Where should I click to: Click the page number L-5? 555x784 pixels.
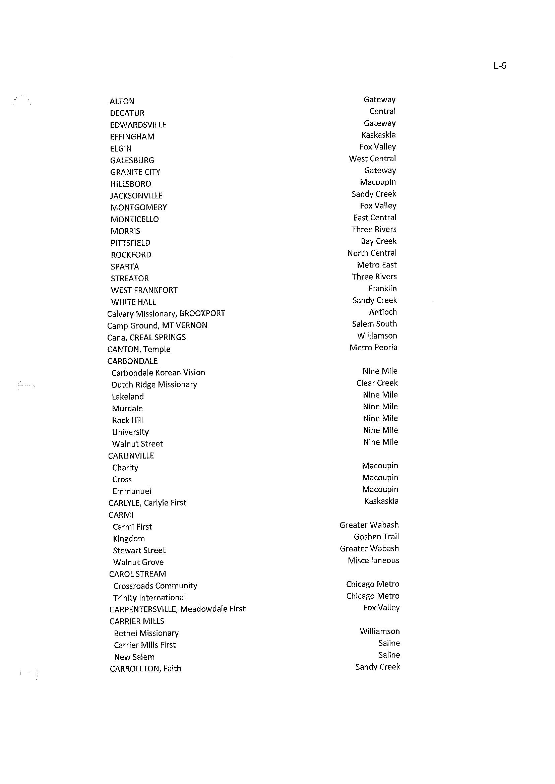tap(500, 66)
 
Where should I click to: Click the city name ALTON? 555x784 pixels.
tap(122, 102)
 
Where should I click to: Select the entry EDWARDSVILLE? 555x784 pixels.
tap(138, 125)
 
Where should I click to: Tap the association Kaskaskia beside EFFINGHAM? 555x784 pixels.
tap(378, 135)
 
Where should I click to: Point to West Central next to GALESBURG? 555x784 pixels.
tap(372, 159)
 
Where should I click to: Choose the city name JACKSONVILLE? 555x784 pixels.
tap(136, 196)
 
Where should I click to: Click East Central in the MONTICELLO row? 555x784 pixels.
tap(375, 218)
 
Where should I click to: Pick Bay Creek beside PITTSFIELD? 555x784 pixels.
tap(379, 241)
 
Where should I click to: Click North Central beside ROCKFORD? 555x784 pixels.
tap(372, 253)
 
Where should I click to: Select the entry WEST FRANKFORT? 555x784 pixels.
tap(144, 291)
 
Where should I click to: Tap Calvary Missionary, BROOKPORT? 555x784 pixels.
tap(166, 314)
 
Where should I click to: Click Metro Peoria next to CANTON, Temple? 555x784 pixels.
tap(373, 348)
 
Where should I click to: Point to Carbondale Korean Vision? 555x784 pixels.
tap(158, 373)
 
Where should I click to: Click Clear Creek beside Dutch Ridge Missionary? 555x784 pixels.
tap(377, 383)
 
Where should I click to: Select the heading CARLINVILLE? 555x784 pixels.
tap(131, 456)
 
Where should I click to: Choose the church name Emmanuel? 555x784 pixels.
tap(132, 491)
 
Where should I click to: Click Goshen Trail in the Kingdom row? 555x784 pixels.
tap(376, 537)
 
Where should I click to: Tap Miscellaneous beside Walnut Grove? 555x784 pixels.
tap(373, 560)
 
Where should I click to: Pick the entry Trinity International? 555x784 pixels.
tap(150, 598)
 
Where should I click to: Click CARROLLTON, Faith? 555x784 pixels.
tap(145, 669)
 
